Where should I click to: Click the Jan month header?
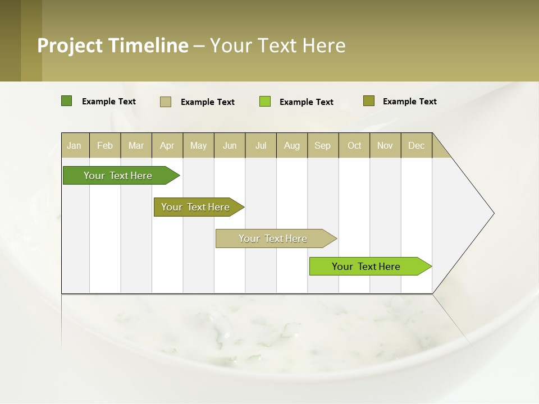tap(75, 145)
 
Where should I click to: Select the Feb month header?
tap(105, 145)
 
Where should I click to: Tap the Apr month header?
tap(167, 145)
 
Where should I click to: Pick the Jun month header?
tap(230, 145)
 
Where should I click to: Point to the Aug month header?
tap(292, 145)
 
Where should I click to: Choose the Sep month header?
tap(323, 145)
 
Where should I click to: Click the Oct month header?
tap(354, 145)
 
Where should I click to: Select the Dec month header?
tap(417, 145)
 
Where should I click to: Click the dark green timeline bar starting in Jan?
tap(118, 176)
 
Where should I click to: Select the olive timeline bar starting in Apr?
tap(196, 207)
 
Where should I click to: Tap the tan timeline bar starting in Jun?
tap(273, 238)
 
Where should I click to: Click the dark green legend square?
tap(66, 101)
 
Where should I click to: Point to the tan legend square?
tap(166, 102)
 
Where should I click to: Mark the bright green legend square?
tap(265, 102)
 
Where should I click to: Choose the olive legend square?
tap(368, 101)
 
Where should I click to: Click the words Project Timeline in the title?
tap(112, 45)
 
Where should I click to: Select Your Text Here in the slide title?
tap(278, 45)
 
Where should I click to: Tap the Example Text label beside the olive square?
tap(409, 102)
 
